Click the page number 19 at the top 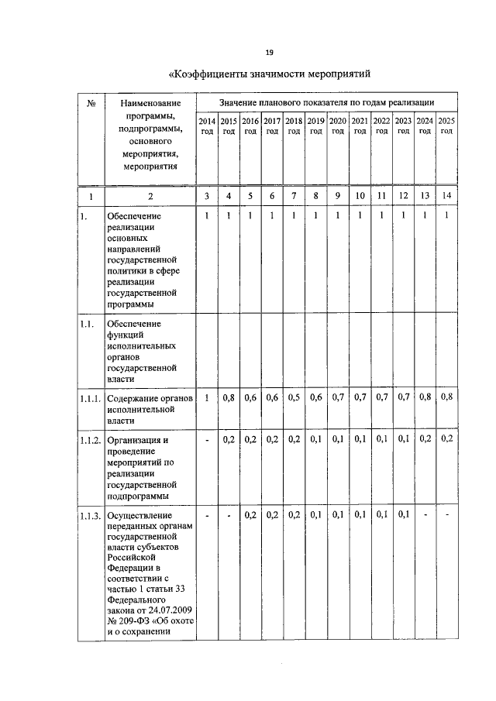tap(270, 52)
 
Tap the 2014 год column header tap(207, 126)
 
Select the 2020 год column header tap(338, 126)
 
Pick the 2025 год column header tap(446, 126)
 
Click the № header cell tap(91, 103)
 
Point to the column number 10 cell tap(360, 196)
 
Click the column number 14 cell tap(446, 196)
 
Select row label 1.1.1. tap(90, 398)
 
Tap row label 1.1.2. tap(90, 440)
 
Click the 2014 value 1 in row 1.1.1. tap(207, 397)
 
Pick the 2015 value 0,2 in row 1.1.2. tap(229, 439)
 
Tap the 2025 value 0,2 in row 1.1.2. tap(446, 439)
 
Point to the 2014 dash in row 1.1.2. tap(207, 440)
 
